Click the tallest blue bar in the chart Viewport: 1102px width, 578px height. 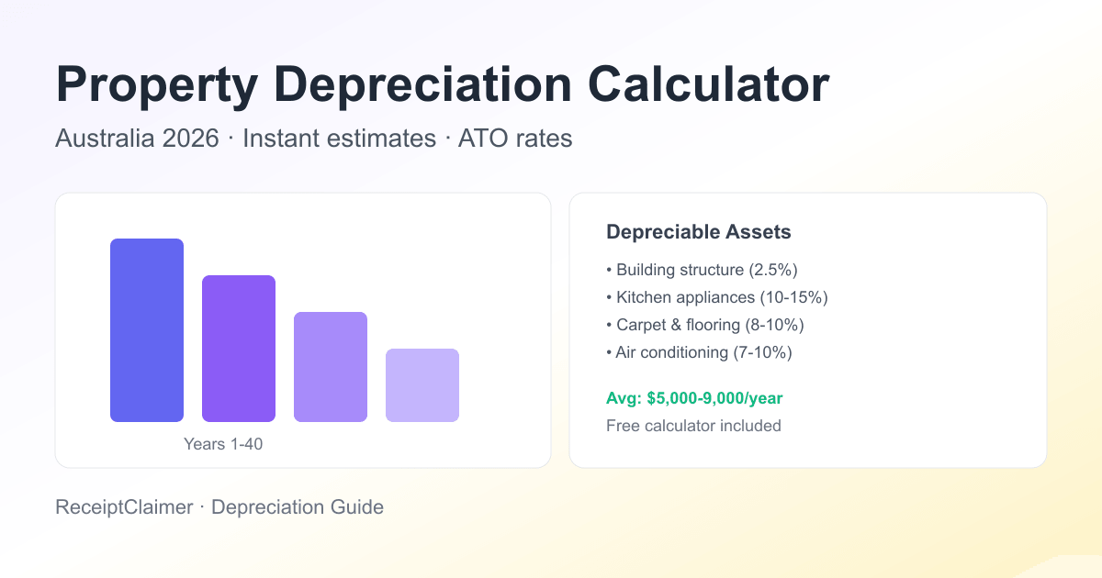pyautogui.click(x=147, y=330)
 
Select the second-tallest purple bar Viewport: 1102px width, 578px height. pyautogui.click(x=239, y=349)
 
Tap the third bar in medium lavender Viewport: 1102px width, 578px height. pyautogui.click(x=331, y=367)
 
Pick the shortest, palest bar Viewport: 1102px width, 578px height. pyautogui.click(x=422, y=385)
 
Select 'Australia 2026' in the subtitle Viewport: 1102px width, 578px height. pyautogui.click(x=137, y=139)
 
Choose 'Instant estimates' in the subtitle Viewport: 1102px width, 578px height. pyautogui.click(x=339, y=139)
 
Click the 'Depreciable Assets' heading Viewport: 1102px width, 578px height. pyautogui.click(x=698, y=232)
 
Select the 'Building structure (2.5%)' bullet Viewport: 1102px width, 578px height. pyautogui.click(x=703, y=270)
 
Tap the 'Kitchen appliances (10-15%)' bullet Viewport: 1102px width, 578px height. pyautogui.click(x=717, y=297)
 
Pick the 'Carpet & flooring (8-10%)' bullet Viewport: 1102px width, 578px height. pyautogui.click(x=705, y=325)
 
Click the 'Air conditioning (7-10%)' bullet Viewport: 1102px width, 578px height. pyautogui.click(x=699, y=352)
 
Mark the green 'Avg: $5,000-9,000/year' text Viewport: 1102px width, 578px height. pyautogui.click(x=694, y=398)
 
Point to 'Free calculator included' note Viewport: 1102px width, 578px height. pyautogui.click(x=693, y=426)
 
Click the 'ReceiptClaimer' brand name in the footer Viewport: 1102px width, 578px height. pyautogui.click(x=123, y=506)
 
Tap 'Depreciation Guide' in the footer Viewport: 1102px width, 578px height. pyautogui.click(x=298, y=506)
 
